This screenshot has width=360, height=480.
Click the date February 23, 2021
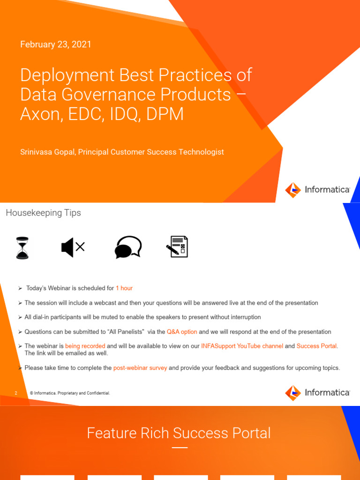point(55,45)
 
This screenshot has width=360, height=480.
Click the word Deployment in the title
point(67,75)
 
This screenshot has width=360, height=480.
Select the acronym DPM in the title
point(165,114)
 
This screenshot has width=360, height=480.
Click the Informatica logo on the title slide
point(318,190)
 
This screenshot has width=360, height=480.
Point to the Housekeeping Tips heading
point(43,213)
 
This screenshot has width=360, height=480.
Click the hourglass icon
point(22,247)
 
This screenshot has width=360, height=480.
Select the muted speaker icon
point(73,247)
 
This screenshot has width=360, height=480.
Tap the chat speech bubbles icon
point(128,247)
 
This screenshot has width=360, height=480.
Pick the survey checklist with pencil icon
point(177,247)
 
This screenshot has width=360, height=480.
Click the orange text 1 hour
point(124,288)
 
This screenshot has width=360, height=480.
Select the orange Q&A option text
point(182,332)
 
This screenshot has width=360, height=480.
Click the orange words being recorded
point(85,346)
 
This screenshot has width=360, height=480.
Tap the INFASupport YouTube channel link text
point(242,346)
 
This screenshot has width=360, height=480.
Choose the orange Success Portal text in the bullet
point(316,346)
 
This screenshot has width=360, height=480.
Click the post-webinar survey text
point(140,368)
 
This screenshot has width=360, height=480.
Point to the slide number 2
point(16,393)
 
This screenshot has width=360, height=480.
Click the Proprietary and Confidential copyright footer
point(70,393)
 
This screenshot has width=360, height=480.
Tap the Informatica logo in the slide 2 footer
point(318,393)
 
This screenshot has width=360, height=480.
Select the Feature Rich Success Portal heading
point(179,433)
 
